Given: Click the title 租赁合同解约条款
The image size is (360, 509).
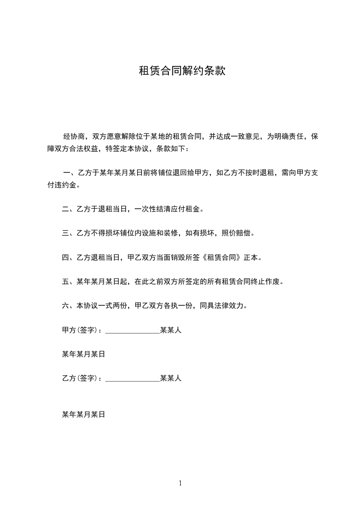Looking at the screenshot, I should point(182,71).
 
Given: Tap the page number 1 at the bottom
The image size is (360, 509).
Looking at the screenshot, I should point(180,483).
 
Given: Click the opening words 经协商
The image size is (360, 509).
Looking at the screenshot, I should point(73,136).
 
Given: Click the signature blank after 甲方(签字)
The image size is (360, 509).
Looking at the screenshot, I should point(133,331).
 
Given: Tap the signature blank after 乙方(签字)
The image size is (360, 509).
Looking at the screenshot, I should point(133,379).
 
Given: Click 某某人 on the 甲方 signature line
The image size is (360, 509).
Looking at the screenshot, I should point(171,330).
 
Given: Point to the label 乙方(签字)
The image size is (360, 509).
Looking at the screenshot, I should point(80,378).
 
